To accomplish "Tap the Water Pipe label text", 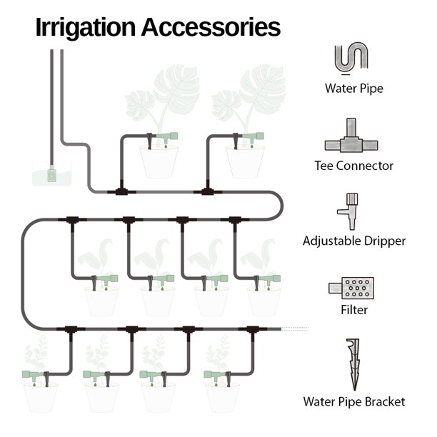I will tap(354, 89).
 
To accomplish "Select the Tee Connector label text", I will tap(354, 166).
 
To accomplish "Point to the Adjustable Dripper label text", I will tap(354, 241).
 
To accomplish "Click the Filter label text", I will tap(354, 311).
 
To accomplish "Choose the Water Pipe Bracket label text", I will tap(354, 402).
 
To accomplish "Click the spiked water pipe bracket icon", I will tap(353, 363).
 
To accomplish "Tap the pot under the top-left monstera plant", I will tap(158, 161).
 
